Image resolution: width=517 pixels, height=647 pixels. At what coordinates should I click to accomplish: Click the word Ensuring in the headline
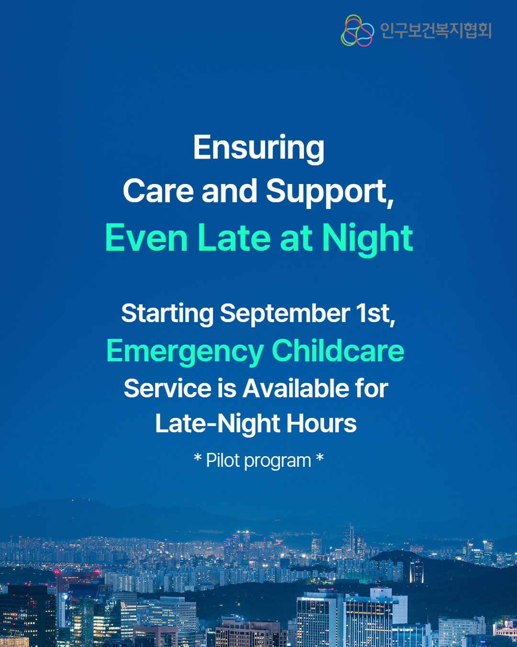click(x=258, y=149)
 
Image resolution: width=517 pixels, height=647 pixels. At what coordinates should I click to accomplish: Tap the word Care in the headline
click(x=158, y=191)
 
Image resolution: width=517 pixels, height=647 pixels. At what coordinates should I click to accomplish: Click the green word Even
click(x=146, y=238)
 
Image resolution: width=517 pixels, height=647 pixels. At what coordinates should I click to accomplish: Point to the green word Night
click(x=367, y=240)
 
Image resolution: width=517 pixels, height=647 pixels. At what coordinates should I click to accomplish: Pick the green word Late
click(x=234, y=238)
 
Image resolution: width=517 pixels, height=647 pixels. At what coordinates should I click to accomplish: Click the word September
click(x=285, y=314)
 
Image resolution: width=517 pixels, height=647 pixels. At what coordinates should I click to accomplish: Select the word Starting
click(x=168, y=314)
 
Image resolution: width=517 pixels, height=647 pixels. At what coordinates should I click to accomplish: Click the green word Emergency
click(x=185, y=352)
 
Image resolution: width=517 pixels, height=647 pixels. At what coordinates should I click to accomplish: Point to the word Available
click(x=295, y=389)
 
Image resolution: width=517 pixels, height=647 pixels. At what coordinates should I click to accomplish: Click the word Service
click(x=168, y=389)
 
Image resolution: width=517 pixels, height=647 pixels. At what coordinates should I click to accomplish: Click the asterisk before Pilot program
click(x=197, y=458)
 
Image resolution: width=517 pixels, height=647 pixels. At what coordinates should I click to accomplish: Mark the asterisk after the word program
click(x=320, y=458)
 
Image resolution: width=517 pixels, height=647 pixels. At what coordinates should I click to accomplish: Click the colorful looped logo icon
click(x=358, y=31)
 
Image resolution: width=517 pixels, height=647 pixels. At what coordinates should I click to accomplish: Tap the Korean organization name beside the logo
click(x=436, y=31)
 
